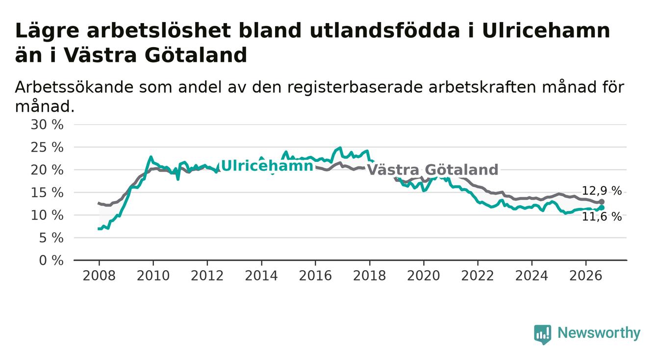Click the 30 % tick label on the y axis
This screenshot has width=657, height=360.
click(x=47, y=125)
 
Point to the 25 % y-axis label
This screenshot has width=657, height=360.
click(x=47, y=147)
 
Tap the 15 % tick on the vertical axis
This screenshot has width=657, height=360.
click(x=47, y=193)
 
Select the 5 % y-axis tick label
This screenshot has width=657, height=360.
click(x=51, y=238)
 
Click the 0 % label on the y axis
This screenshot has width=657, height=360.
click(x=51, y=260)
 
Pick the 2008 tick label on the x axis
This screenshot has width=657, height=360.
click(x=99, y=276)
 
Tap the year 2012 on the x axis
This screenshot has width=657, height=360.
click(x=207, y=276)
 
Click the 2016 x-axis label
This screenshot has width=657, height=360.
click(x=315, y=276)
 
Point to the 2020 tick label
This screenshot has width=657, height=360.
click(x=424, y=276)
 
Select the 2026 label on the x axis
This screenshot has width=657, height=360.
click(x=586, y=276)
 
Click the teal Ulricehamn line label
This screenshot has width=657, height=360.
click(x=267, y=166)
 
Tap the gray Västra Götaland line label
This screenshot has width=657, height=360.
click(x=433, y=170)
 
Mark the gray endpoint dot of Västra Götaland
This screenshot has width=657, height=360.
click(x=602, y=202)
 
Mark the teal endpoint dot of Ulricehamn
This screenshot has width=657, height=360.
click(x=602, y=208)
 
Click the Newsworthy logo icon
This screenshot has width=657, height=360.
click(x=543, y=334)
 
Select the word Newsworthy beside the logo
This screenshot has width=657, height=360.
click(x=599, y=333)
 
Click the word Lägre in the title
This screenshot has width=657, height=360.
click(x=47, y=31)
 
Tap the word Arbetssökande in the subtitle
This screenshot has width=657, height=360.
click(x=75, y=87)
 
